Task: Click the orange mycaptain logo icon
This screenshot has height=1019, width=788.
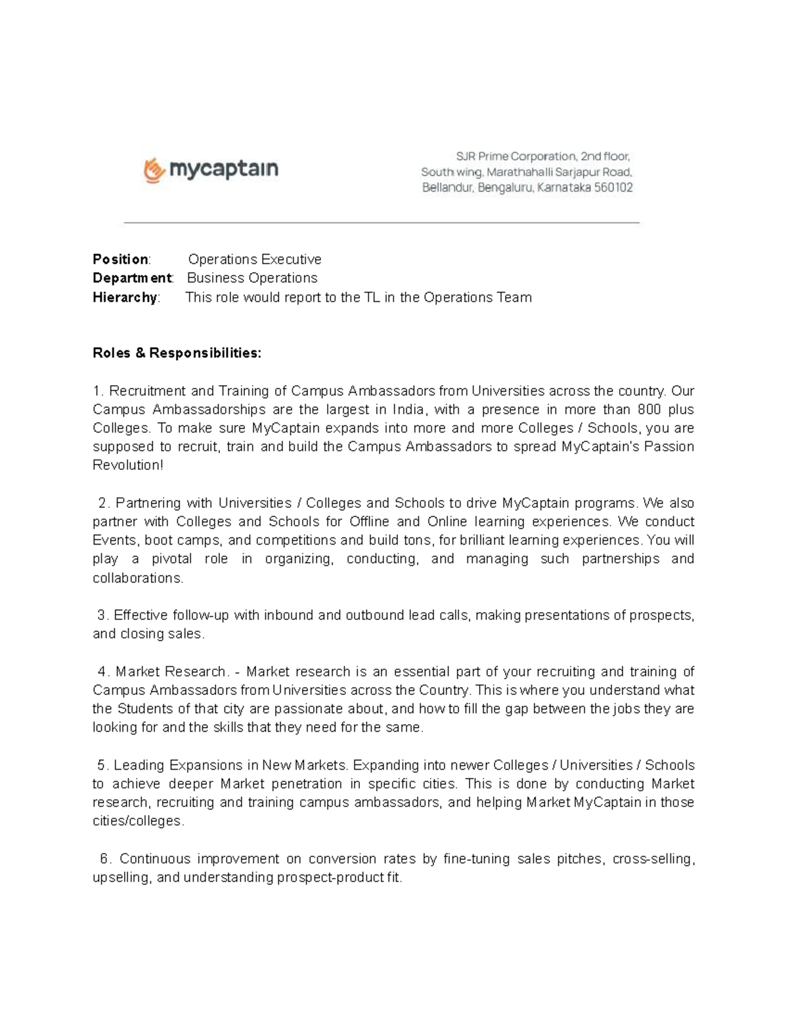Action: pyautogui.click(x=153, y=170)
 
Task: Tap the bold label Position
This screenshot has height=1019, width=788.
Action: pyautogui.click(x=120, y=259)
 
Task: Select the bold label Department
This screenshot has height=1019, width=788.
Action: pyautogui.click(x=131, y=278)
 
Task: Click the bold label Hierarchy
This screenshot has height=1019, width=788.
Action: pyautogui.click(x=125, y=297)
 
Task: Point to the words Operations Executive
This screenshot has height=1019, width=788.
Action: pyautogui.click(x=255, y=259)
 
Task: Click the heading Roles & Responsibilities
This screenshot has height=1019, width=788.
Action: pyautogui.click(x=177, y=353)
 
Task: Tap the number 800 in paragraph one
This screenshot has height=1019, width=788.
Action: pyautogui.click(x=649, y=409)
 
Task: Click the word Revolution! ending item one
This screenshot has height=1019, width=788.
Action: pyautogui.click(x=127, y=465)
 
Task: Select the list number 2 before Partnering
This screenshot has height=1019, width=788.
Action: pyautogui.click(x=102, y=503)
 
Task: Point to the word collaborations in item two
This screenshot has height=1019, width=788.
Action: pyautogui.click(x=137, y=578)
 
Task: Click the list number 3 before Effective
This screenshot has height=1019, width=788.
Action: pyautogui.click(x=101, y=615)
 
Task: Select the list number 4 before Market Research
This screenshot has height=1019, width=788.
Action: pyautogui.click(x=102, y=672)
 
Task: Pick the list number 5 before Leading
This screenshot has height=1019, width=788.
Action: pyautogui.click(x=101, y=766)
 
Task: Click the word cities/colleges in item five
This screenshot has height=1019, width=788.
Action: pyautogui.click(x=137, y=821)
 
